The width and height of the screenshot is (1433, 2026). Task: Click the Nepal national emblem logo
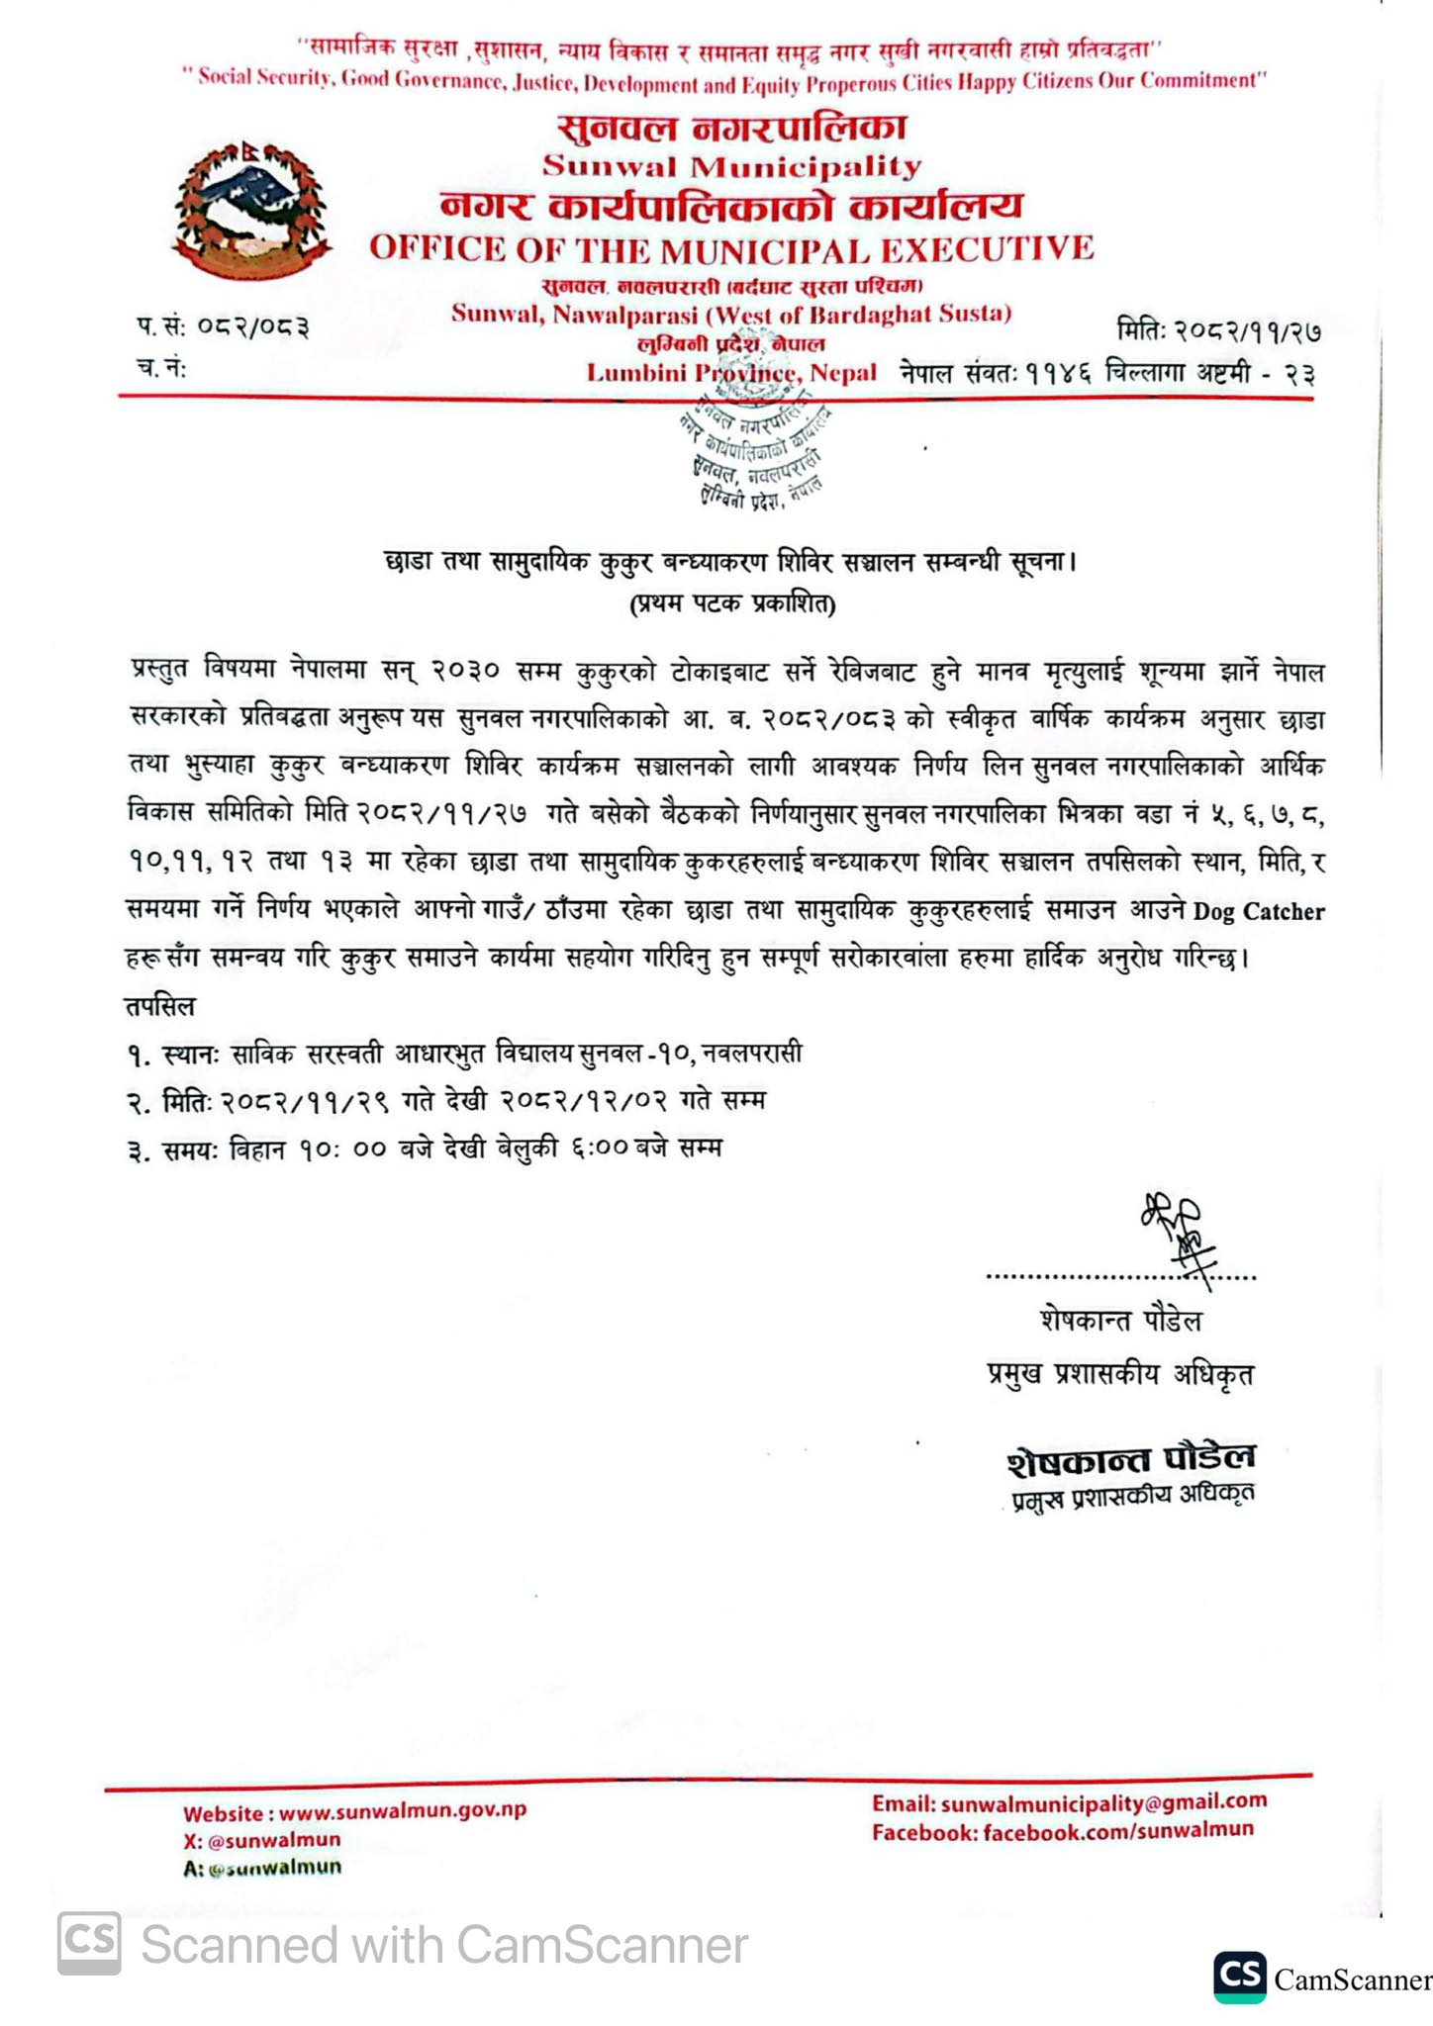click(x=251, y=210)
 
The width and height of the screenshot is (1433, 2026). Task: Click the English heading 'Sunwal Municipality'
click(x=731, y=166)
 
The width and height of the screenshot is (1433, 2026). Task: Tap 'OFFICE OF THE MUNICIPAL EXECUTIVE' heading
click(x=731, y=247)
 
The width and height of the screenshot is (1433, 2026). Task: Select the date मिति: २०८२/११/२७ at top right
click(x=1218, y=330)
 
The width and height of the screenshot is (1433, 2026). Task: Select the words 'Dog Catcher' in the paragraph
click(x=1258, y=911)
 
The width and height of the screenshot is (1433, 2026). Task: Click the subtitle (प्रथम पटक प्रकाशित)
click(x=731, y=604)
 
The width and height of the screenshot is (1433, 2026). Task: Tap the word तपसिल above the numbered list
click(x=160, y=1006)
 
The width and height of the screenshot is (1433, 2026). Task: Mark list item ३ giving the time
click(x=426, y=1149)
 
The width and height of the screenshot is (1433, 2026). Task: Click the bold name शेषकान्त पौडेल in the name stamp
click(x=1131, y=1458)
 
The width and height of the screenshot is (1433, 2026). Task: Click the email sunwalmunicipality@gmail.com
click(x=1103, y=1802)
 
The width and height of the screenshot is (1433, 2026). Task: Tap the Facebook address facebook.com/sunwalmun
click(x=1117, y=1831)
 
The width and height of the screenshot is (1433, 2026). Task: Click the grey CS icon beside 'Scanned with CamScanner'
click(x=89, y=1944)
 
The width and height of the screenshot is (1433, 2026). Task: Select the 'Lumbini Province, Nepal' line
click(x=731, y=373)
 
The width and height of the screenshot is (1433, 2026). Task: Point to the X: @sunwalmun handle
click(x=261, y=1840)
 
